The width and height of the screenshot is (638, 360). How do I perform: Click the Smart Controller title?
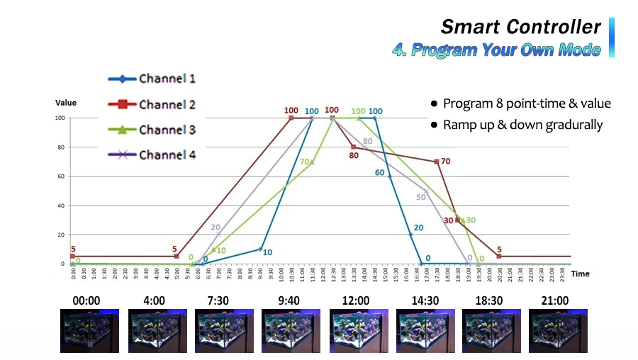tap(520, 27)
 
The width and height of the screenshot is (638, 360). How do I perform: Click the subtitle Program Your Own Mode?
tap(496, 50)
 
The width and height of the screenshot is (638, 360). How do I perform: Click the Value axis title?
tap(66, 103)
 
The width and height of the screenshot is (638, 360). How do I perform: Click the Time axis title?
tap(580, 274)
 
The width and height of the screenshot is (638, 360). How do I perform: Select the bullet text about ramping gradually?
tap(522, 125)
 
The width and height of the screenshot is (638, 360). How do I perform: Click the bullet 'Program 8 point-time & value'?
tap(527, 103)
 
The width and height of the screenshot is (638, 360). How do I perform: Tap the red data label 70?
tap(445, 162)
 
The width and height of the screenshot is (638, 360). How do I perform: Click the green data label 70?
tap(304, 162)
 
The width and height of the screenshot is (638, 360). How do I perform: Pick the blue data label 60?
tap(379, 172)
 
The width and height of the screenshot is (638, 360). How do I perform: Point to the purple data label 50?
tap(420, 197)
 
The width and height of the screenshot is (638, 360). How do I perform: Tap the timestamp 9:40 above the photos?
tap(288, 300)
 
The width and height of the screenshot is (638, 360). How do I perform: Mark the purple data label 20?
tap(216, 227)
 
